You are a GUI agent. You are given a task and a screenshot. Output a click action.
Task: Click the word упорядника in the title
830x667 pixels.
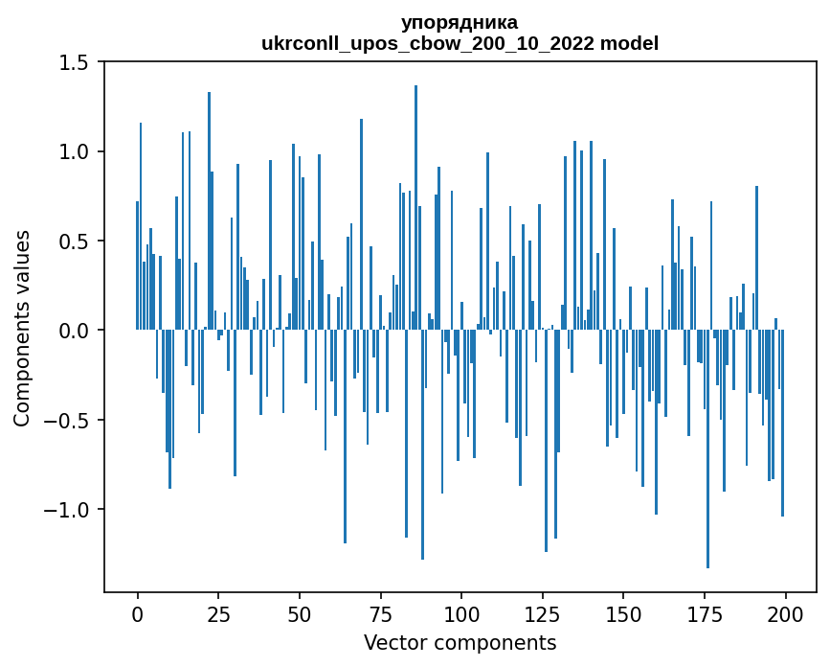click(x=460, y=22)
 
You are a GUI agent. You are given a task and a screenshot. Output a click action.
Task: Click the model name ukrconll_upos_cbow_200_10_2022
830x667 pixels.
click(x=428, y=43)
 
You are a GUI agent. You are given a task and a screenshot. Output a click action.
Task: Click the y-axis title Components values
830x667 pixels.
click(x=22, y=328)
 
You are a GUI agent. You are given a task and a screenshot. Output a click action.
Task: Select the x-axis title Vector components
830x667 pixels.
click(x=460, y=642)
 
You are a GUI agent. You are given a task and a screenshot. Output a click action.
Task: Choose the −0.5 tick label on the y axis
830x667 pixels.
click(x=67, y=420)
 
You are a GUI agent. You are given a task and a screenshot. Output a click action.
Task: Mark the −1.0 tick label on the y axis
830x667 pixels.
click(x=67, y=509)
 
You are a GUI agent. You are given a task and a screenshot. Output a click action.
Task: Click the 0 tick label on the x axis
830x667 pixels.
click(x=137, y=612)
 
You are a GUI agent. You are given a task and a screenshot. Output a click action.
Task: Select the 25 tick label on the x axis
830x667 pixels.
click(x=218, y=612)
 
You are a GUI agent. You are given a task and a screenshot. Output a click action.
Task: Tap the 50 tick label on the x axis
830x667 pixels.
click(x=299, y=612)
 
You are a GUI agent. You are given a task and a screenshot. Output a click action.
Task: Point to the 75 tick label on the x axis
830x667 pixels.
click(x=380, y=612)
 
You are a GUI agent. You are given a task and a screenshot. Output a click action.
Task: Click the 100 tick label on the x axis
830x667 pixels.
click(x=461, y=612)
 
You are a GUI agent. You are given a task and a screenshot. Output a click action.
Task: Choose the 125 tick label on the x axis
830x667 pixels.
click(x=542, y=612)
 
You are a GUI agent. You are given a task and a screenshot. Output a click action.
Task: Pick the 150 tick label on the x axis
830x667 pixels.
click(x=623, y=612)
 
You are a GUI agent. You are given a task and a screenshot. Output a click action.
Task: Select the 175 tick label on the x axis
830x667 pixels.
click(x=705, y=612)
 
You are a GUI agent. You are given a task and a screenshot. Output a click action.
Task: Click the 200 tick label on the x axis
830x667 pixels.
click(x=785, y=612)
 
